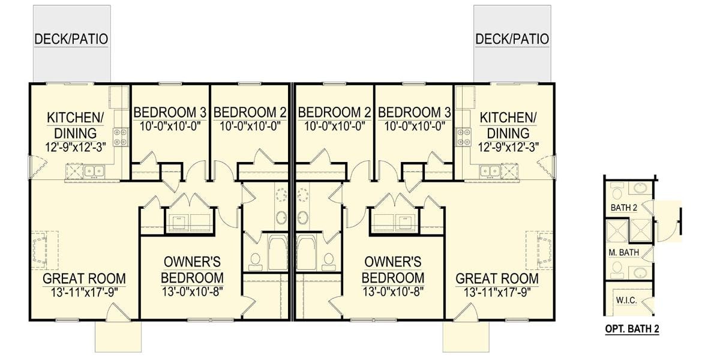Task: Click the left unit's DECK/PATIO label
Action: (x=71, y=39)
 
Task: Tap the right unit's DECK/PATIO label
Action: (x=512, y=39)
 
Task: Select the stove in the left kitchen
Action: (x=120, y=137)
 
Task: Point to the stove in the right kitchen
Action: (x=464, y=137)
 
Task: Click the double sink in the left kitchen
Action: (x=94, y=171)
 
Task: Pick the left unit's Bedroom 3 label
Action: (x=170, y=113)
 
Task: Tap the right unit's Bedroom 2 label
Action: (x=334, y=113)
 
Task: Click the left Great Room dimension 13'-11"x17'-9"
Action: (x=84, y=293)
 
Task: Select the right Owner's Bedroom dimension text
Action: (x=393, y=292)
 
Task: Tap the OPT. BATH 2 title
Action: (x=632, y=329)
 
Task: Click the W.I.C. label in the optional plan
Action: (x=626, y=301)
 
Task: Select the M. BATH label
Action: (x=623, y=253)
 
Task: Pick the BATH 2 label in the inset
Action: (x=623, y=208)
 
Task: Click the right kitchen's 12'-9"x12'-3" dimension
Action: (x=508, y=148)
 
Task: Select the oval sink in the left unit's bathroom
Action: (x=281, y=218)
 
